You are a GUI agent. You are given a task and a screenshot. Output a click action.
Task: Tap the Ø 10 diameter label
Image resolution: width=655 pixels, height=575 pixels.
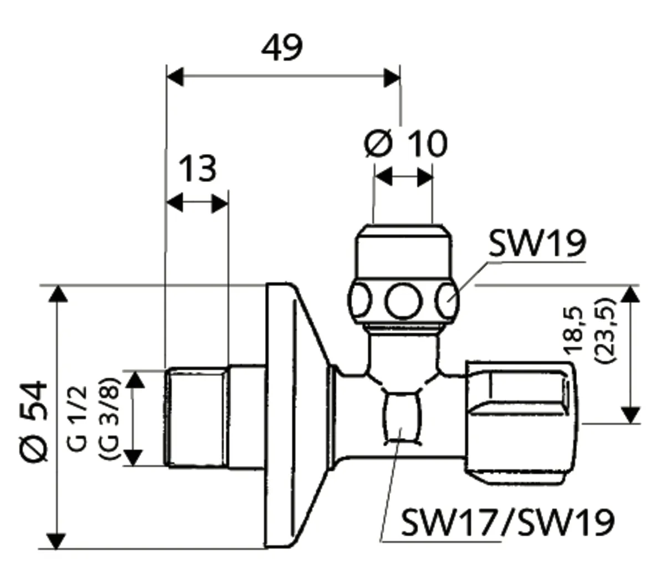click(405, 144)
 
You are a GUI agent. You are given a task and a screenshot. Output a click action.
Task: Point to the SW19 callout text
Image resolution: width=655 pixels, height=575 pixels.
click(536, 244)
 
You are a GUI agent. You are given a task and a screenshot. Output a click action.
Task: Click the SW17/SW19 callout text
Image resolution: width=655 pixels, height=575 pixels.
click(507, 522)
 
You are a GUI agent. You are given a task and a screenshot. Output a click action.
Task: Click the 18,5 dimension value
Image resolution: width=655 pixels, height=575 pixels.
click(573, 330)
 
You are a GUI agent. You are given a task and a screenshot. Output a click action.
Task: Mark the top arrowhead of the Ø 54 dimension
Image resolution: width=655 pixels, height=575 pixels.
click(57, 294)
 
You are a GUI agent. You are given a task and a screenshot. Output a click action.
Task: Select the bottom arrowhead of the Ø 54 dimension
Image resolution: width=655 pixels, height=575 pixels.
click(57, 540)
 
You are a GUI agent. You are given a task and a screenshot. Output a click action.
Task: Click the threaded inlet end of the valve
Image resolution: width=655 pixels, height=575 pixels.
click(197, 417)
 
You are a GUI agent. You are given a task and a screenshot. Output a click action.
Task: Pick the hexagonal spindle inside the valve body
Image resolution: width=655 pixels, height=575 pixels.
click(401, 416)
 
